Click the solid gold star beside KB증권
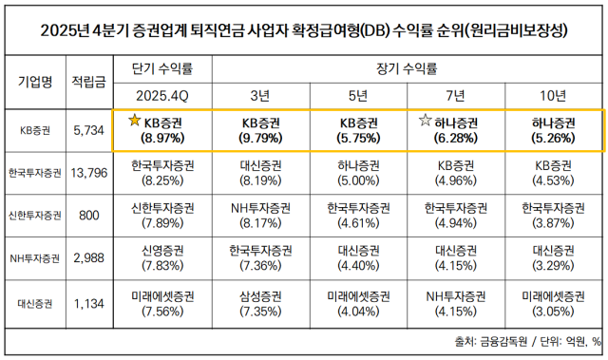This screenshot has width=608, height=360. coord(134,121)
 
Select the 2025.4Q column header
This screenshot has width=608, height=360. coord(162,95)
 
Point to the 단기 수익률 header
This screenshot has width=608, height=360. coord(162,68)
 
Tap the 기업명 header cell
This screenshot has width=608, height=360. coord(34,82)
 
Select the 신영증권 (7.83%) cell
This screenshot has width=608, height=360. coord(162,258)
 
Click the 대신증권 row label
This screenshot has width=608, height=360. coord(34,304)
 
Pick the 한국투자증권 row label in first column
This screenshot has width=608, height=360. coord(34,172)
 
